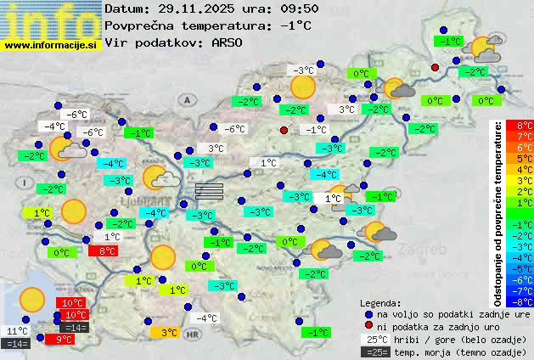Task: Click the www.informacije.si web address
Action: [51, 43]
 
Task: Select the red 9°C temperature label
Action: [65, 339]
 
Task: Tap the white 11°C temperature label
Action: [17, 331]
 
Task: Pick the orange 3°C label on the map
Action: [168, 333]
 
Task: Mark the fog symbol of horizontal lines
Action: [209, 189]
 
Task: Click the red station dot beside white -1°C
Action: [284, 130]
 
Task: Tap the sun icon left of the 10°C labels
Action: [32, 299]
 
